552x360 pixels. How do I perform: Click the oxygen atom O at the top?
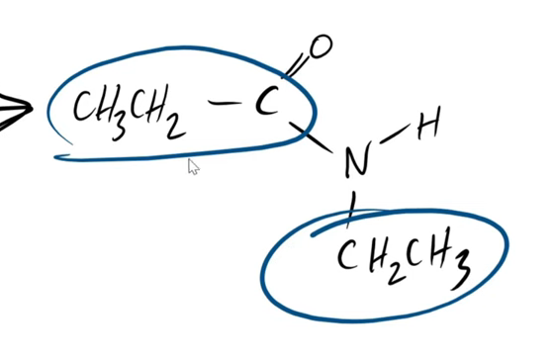[x=322, y=45]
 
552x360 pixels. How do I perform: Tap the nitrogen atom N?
[x=351, y=162]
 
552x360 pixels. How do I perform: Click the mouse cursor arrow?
[x=193, y=166]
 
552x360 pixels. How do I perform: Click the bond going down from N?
[x=349, y=204]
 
